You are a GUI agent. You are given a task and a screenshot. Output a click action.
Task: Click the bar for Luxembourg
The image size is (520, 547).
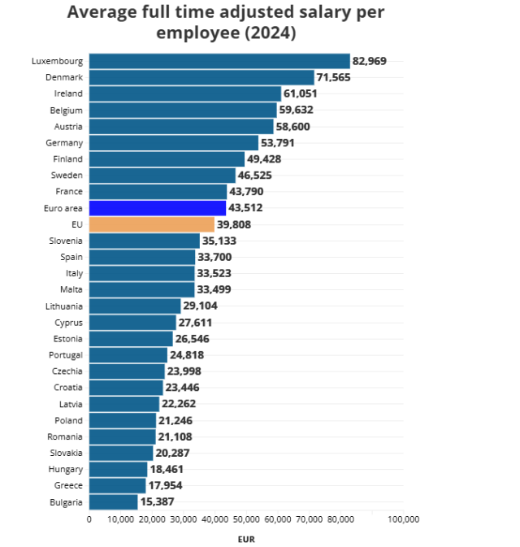[219, 61]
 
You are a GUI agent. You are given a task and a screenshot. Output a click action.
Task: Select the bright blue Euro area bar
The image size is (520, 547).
[158, 208]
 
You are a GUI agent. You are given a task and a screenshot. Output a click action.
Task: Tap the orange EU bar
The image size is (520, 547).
[152, 224]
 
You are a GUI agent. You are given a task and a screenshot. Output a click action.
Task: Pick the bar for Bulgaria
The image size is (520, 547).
[114, 501]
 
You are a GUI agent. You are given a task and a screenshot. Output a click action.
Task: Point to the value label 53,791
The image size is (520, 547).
[279, 143]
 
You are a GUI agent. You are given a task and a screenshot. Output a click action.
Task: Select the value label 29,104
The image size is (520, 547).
[201, 306]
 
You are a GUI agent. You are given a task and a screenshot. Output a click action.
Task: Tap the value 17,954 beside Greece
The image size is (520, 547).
[166, 485]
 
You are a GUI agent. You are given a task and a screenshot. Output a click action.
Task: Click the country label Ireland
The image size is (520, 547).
[69, 93]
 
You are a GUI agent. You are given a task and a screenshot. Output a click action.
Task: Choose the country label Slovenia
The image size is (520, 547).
[64, 241]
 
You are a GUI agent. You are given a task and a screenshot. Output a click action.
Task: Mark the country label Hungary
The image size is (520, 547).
[64, 469]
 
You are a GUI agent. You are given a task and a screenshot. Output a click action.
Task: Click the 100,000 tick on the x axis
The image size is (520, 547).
[403, 520]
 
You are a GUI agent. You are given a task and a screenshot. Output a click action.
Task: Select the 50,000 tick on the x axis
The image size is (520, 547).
[246, 520]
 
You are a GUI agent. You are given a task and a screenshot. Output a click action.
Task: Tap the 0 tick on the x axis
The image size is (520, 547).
[89, 520]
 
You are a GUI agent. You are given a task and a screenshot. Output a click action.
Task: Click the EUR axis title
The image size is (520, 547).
[246, 538]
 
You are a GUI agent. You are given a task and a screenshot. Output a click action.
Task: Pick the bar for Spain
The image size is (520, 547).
[142, 257]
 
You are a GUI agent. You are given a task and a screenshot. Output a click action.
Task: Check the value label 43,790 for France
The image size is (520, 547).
[246, 192]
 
